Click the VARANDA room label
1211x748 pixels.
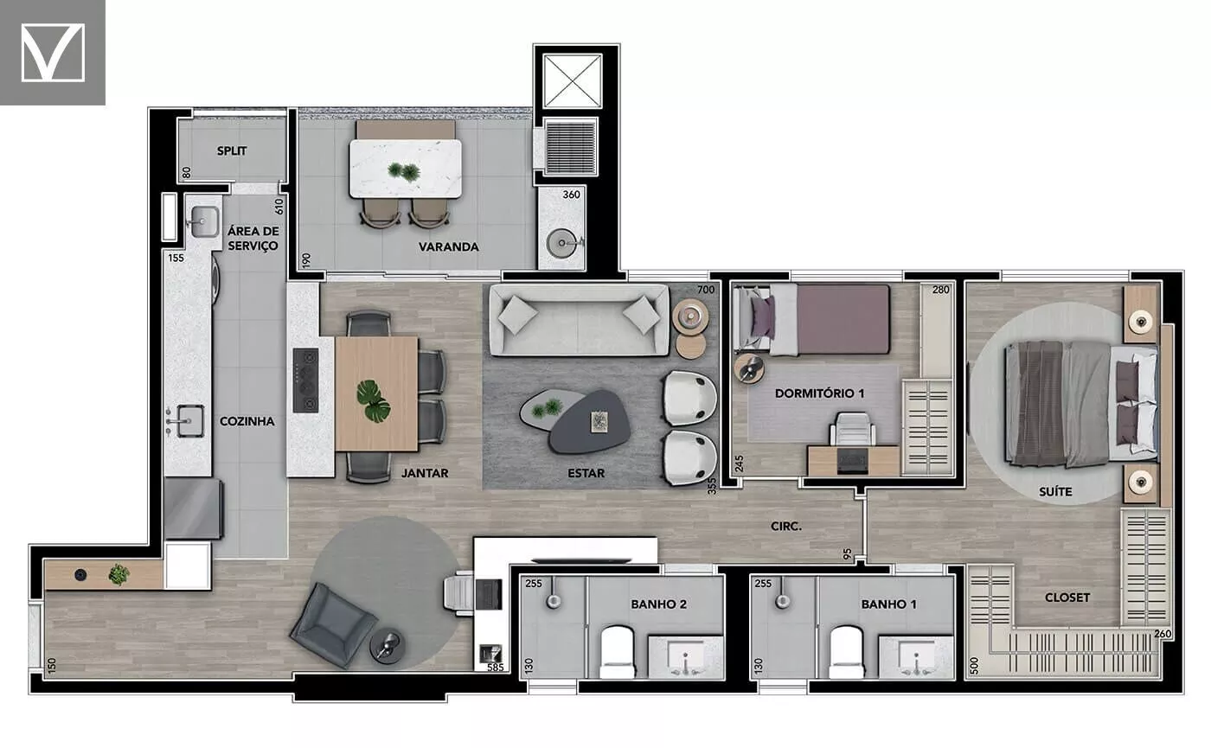tap(448, 247)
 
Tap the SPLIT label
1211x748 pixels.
tap(232, 150)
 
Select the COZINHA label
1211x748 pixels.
tap(247, 422)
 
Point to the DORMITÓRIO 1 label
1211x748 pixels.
tap(820, 393)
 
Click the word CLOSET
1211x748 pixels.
tap(1067, 598)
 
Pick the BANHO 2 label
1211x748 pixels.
tap(658, 604)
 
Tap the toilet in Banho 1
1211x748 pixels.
tap(846, 652)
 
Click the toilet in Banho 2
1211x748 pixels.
tap(617, 652)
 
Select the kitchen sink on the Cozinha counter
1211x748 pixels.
tap(185, 421)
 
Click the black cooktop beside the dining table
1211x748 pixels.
tap(305, 380)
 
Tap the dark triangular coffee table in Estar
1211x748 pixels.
tap(588, 422)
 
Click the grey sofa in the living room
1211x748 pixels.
tap(579, 321)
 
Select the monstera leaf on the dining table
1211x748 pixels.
tap(373, 401)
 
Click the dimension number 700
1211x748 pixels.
tap(706, 290)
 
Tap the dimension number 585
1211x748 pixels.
tap(495, 668)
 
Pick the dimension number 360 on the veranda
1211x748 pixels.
tap(571, 195)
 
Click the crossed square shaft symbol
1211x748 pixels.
tap(573, 81)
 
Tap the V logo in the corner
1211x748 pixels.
tap(53, 53)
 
